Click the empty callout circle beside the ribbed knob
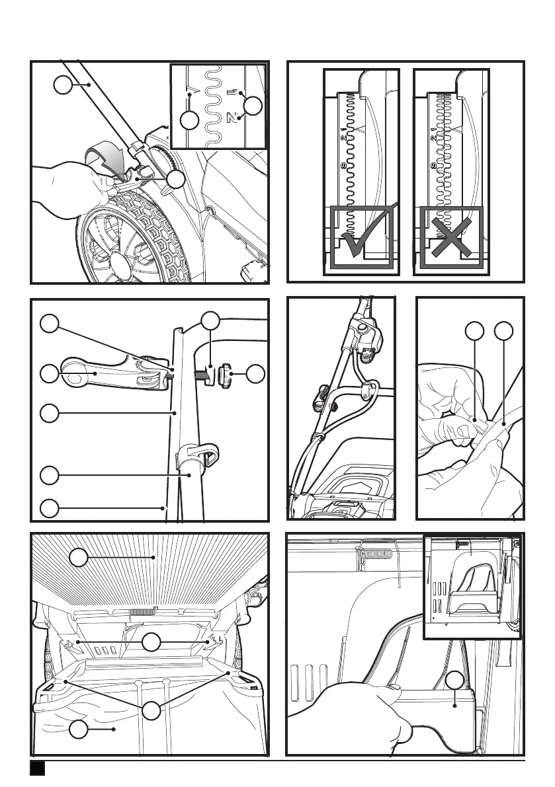(255, 375)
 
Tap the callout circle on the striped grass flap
(79, 558)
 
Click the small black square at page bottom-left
(37, 769)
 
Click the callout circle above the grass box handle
(454, 682)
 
